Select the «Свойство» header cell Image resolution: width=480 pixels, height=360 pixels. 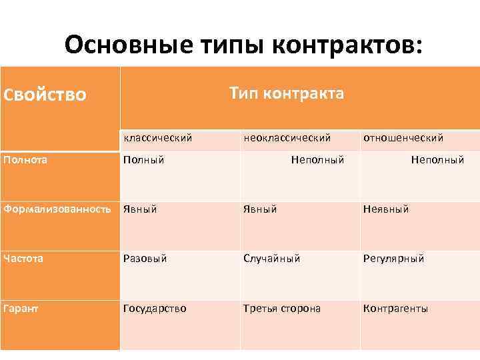point(45,95)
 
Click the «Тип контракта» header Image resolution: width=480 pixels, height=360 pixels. point(287,93)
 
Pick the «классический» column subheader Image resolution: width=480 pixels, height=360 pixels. point(157,138)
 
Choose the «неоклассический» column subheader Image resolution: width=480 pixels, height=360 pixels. point(287,138)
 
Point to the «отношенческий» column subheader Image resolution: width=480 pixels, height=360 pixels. point(403,138)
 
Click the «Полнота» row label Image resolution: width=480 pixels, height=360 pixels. point(25,159)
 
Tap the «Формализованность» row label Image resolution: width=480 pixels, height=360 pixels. point(57,209)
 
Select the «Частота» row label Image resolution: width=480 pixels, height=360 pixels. point(23,258)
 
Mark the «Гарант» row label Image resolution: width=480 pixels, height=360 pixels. point(21,308)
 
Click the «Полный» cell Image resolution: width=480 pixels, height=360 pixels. point(144,160)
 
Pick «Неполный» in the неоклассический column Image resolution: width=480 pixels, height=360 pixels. point(317,160)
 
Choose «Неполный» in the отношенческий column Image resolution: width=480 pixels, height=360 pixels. point(437,160)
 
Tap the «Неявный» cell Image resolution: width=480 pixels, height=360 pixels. point(386,209)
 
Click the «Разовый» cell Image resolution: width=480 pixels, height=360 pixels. point(145,259)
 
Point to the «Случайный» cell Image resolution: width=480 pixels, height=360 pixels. point(272,259)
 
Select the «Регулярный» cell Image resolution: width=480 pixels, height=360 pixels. point(393,259)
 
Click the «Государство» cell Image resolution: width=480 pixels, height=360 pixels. point(155,309)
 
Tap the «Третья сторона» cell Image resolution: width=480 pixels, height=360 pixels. point(282,309)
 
